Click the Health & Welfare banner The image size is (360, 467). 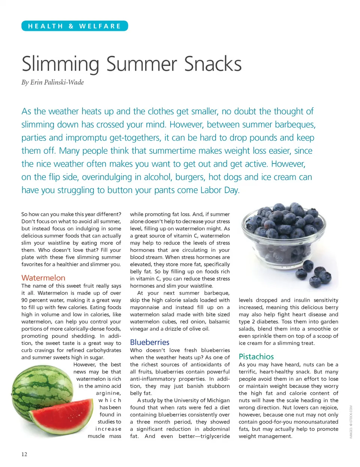[x=75, y=26]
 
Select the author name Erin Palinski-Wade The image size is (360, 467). [x=57, y=83]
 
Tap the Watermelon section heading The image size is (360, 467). [x=43, y=278]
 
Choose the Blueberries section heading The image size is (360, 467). [x=150, y=342]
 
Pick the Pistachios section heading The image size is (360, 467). [x=256, y=357]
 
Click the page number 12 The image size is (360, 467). [x=24, y=454]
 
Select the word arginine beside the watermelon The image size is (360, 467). [x=108, y=393]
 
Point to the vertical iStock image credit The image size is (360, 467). [x=351, y=422]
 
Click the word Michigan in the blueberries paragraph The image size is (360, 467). [x=217, y=400]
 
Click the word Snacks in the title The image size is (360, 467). [x=213, y=64]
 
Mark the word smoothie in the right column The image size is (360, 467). [x=317, y=329]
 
